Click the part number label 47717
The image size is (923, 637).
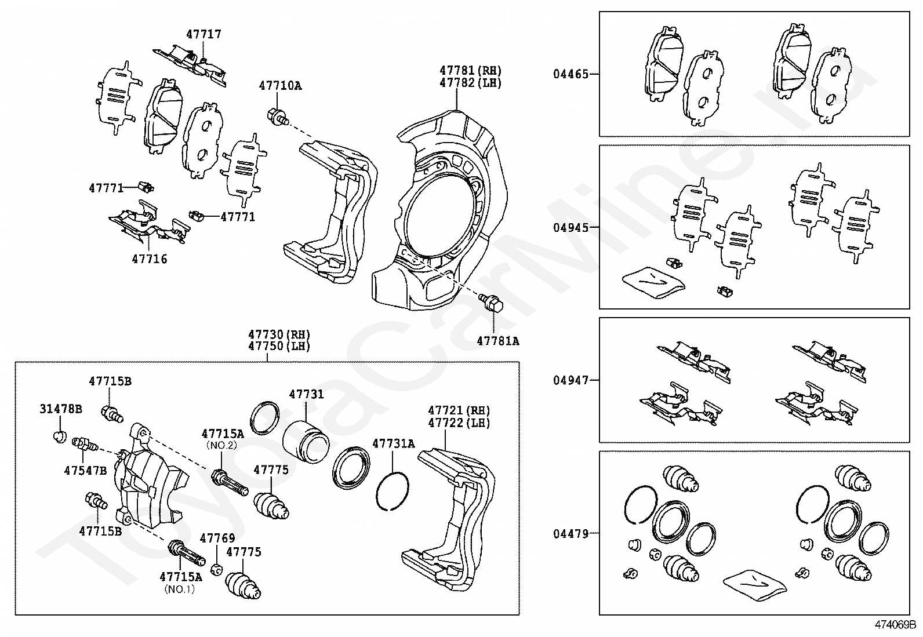[204, 34]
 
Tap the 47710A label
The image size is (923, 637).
[280, 86]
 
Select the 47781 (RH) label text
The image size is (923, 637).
[470, 71]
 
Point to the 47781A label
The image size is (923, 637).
[498, 341]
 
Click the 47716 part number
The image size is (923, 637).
[150, 259]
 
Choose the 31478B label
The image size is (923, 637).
[60, 409]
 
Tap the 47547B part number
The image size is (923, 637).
[85, 470]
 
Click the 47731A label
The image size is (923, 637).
[394, 443]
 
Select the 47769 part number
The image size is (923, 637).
[217, 538]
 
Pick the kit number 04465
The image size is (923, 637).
[570, 74]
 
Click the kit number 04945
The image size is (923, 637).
[570, 227]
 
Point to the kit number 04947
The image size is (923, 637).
[570, 380]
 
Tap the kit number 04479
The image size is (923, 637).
[570, 534]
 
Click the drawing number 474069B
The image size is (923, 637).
[895, 625]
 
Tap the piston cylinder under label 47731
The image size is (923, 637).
[306, 442]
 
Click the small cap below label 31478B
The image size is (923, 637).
[60, 436]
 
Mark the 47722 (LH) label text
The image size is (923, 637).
[459, 423]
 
